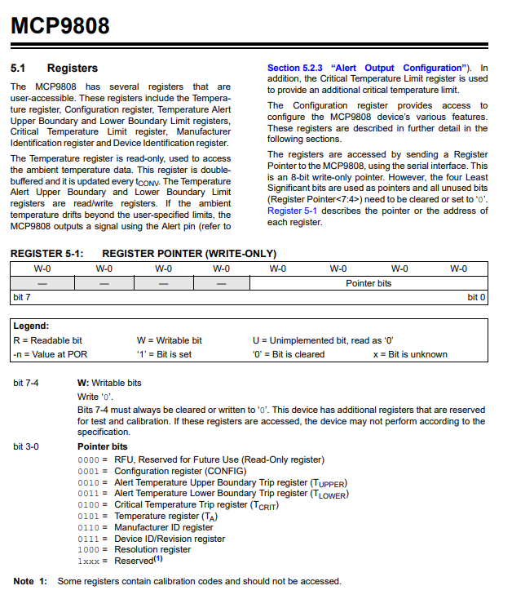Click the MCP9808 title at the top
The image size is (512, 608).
[x=60, y=26]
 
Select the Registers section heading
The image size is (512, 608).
[x=73, y=68]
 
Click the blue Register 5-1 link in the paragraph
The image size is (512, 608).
[x=291, y=211]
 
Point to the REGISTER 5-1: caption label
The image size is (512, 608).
[x=46, y=254]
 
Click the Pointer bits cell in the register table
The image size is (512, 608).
[x=369, y=283]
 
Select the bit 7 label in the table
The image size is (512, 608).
[x=22, y=298]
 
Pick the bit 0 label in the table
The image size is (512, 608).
[x=477, y=298]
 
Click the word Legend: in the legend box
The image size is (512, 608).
[x=31, y=326]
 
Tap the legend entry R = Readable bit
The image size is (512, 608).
[x=47, y=340]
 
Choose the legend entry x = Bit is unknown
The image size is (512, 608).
[x=410, y=354]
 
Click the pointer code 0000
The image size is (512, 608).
[x=88, y=459]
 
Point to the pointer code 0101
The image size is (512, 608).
[x=88, y=517]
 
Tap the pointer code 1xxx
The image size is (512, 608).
[x=88, y=561]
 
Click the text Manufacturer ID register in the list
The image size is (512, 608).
[x=163, y=528]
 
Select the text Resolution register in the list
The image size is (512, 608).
[x=152, y=550]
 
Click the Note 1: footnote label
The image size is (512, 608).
[x=31, y=581]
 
